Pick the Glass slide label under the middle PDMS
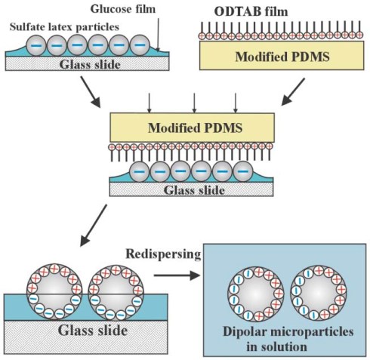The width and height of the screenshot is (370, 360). pos(193,190)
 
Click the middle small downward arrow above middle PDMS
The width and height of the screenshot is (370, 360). pos(195,100)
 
